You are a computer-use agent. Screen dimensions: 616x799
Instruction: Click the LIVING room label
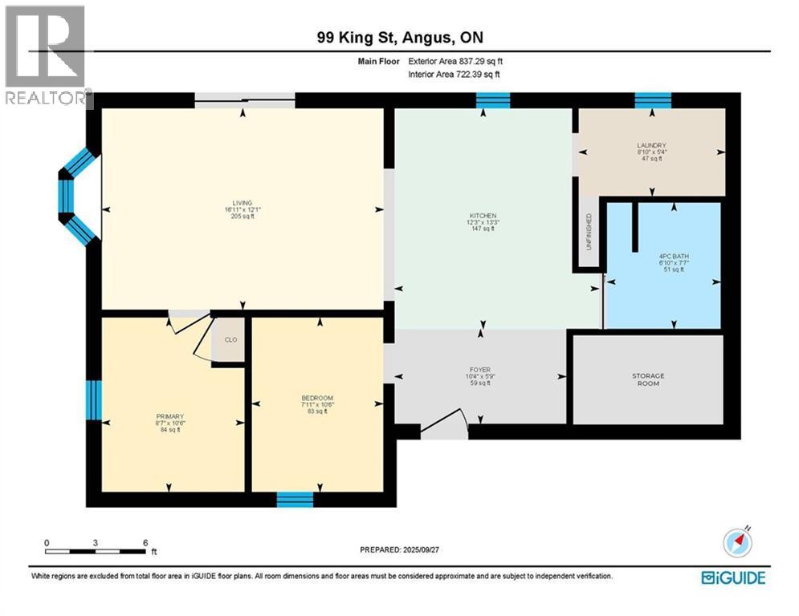pos(243,203)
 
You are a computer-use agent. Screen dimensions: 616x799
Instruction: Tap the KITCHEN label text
pos(483,216)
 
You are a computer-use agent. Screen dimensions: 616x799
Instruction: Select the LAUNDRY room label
pos(651,145)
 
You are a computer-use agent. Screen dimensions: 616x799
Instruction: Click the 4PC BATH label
pos(662,257)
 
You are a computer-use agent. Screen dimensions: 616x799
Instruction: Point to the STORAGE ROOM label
pos(648,379)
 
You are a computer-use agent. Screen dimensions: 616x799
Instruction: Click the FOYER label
pos(479,371)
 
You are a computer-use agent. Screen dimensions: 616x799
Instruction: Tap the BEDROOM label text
pos(317,399)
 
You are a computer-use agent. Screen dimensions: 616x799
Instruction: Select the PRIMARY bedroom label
pos(170,416)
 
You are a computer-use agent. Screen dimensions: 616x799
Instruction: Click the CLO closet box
pos(230,339)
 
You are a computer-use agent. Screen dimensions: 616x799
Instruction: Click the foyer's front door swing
pos(446,425)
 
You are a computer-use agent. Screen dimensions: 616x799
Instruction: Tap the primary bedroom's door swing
pos(189,335)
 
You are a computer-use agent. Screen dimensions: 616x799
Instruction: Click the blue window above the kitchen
pos(492,100)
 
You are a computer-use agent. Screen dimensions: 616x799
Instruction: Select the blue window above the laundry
pos(652,100)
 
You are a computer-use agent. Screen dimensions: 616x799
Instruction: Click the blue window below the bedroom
pos(295,499)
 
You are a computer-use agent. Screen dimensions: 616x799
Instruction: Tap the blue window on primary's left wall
pos(94,399)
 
